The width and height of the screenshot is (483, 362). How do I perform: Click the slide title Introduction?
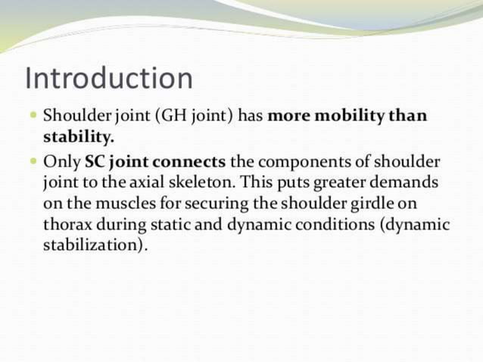coord(108,78)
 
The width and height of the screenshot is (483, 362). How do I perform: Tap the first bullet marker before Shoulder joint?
coord(33,117)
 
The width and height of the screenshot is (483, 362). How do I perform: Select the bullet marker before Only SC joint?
coord(33,163)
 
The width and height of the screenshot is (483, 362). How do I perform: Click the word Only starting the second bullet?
coord(62,163)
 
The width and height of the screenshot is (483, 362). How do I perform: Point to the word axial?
coord(145,184)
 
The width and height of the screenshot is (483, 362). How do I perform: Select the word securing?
coord(210,205)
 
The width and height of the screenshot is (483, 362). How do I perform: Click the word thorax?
coord(67,226)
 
